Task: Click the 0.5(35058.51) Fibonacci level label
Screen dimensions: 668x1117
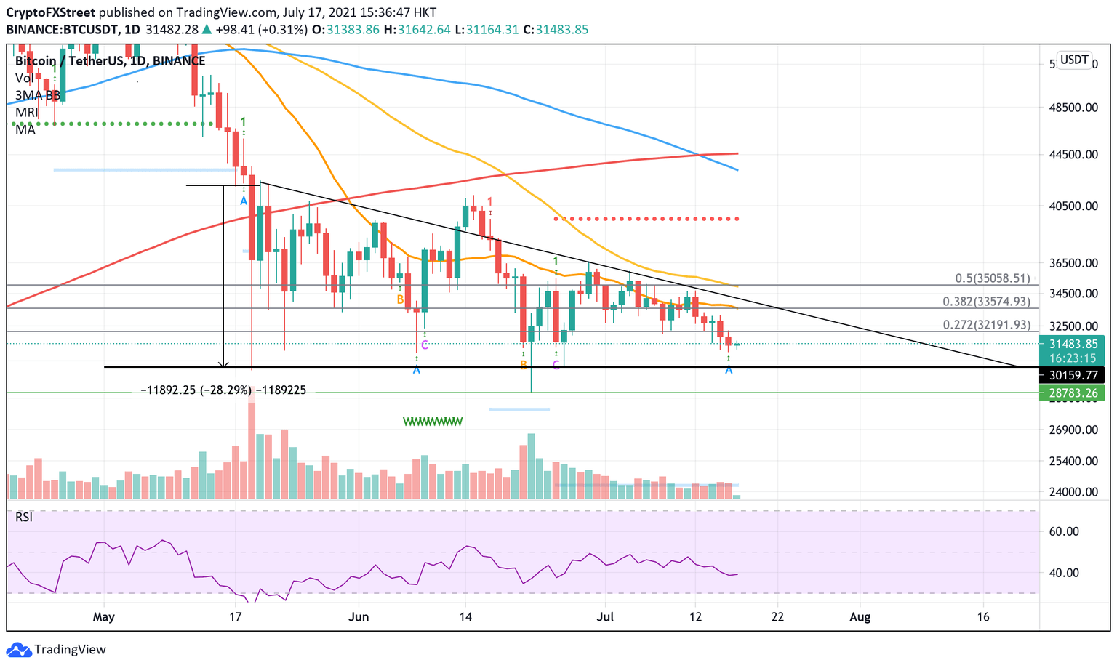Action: [x=992, y=278]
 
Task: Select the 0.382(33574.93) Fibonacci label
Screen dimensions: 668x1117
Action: [x=986, y=302]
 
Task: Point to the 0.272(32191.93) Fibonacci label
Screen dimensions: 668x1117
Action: [x=986, y=325]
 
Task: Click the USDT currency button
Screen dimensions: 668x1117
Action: [x=1074, y=60]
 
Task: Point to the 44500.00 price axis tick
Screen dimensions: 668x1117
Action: [x=1073, y=154]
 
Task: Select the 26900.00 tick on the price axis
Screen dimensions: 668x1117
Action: [x=1073, y=430]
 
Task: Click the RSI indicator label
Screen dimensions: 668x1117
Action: [x=24, y=517]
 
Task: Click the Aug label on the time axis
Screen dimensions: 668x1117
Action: [x=860, y=617]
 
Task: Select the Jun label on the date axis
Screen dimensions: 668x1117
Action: [x=359, y=617]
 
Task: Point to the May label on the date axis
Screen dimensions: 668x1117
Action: [x=104, y=617]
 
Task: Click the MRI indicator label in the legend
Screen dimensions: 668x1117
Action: [x=26, y=112]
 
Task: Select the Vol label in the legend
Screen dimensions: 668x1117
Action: [x=24, y=78]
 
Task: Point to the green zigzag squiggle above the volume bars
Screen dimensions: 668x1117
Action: [x=433, y=421]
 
